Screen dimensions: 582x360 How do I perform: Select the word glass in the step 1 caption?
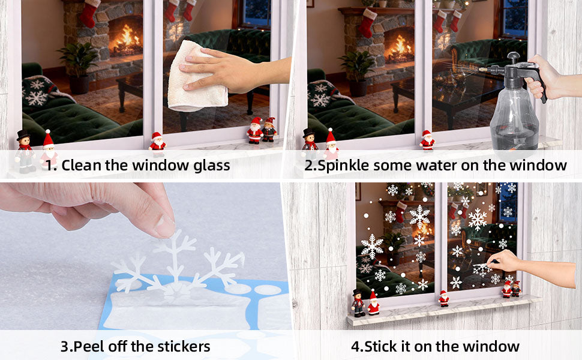click(212, 166)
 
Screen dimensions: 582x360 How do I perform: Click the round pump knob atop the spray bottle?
click(514, 56)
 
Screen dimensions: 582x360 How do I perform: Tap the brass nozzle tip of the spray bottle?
click(482, 69)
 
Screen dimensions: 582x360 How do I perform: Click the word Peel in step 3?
click(89, 346)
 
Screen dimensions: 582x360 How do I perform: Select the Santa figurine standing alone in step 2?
click(427, 140)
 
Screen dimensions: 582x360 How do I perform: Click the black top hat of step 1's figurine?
click(23, 135)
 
